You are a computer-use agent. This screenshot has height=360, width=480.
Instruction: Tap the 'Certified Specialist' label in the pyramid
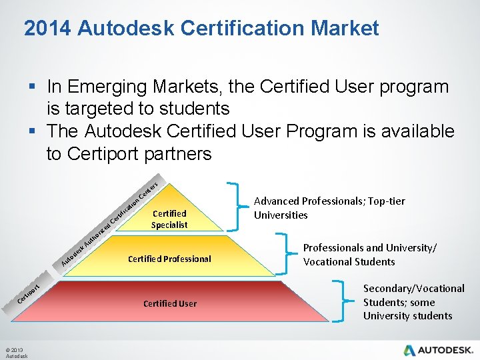click(169, 219)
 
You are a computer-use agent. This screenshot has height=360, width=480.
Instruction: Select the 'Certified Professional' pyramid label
click(170, 259)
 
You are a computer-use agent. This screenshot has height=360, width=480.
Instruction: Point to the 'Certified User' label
click(170, 303)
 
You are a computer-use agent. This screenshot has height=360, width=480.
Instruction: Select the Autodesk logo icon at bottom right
click(410, 350)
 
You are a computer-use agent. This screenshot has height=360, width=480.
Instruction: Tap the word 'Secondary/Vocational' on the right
click(413, 288)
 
